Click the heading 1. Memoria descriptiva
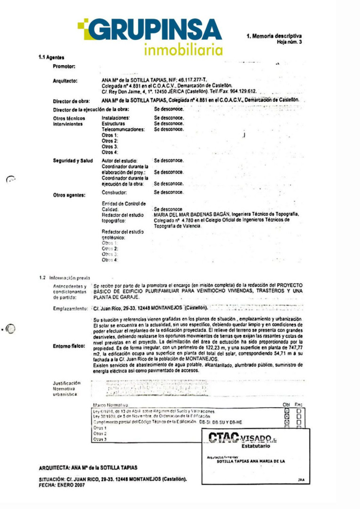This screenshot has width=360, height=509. [274, 36]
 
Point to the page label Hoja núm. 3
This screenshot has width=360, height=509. [290, 42]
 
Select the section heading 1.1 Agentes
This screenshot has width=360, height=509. [51, 57]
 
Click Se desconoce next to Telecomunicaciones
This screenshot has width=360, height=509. [169, 129]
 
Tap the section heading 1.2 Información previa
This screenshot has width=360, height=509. [65, 278]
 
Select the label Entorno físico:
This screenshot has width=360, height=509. [69, 346]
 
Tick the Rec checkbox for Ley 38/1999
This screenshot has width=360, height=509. [298, 417]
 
